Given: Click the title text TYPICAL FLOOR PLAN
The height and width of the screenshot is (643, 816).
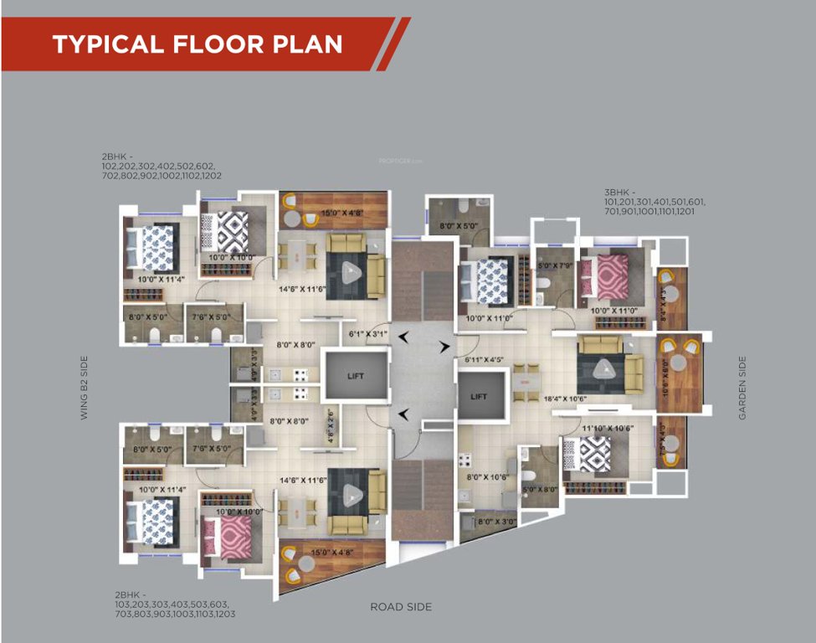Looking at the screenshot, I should [x=198, y=44].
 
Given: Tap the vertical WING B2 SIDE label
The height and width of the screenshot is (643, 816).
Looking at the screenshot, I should [x=84, y=387].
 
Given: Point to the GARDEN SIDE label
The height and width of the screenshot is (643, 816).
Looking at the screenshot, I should [x=742, y=388].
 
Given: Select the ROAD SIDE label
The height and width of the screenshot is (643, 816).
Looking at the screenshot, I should [x=401, y=606].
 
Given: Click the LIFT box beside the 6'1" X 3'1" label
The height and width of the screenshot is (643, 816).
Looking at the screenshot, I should [x=356, y=377].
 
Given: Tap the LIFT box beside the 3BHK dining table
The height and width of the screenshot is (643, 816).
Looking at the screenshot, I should [x=479, y=396].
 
